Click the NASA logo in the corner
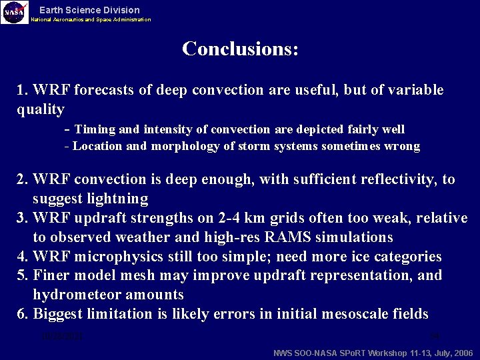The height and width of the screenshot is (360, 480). click(15, 12)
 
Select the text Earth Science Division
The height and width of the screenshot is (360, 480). click(89, 10)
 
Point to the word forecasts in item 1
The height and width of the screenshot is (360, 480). click(106, 90)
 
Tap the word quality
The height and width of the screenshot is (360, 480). click(41, 109)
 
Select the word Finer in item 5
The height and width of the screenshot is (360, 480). click(51, 276)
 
